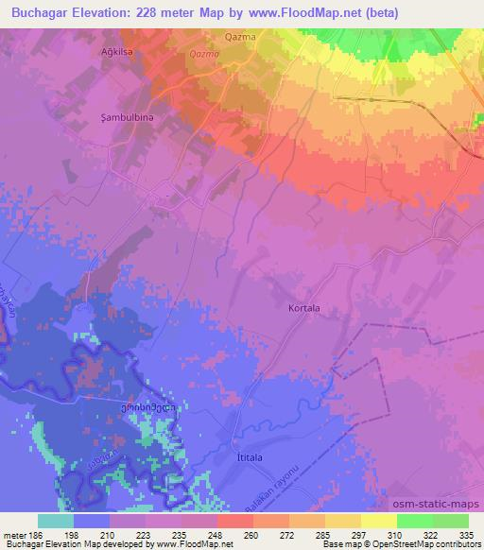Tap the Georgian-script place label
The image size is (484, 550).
(152, 406)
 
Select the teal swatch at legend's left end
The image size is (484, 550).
(56, 521)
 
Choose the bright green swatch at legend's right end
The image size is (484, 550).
(451, 521)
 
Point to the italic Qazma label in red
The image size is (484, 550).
(205, 55)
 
